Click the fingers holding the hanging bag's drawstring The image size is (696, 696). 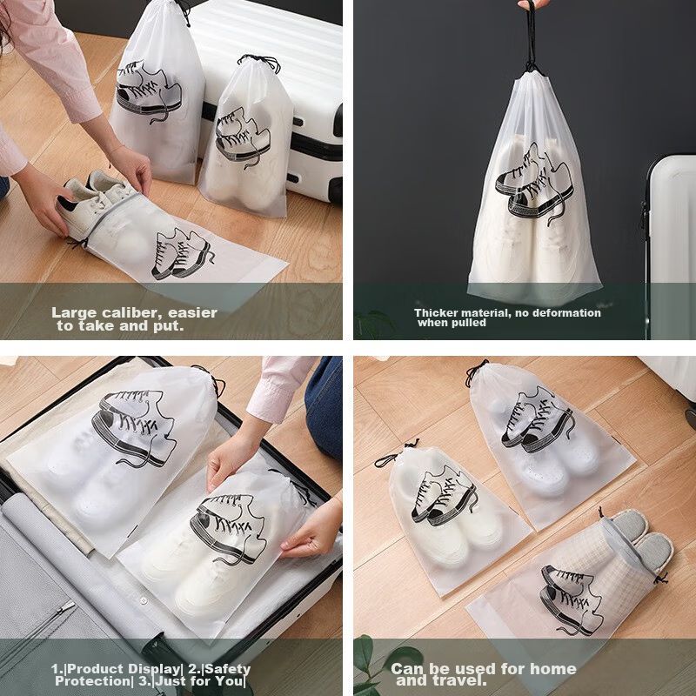(x=533, y=4)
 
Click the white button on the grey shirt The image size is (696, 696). (x=144, y=600)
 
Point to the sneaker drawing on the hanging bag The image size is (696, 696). (x=534, y=184)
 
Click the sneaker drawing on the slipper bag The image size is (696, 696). (x=572, y=599)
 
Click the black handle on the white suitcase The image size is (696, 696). (x=338, y=120)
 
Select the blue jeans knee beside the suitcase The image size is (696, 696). (x=325, y=407)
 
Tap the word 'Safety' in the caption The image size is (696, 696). (x=227, y=669)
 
